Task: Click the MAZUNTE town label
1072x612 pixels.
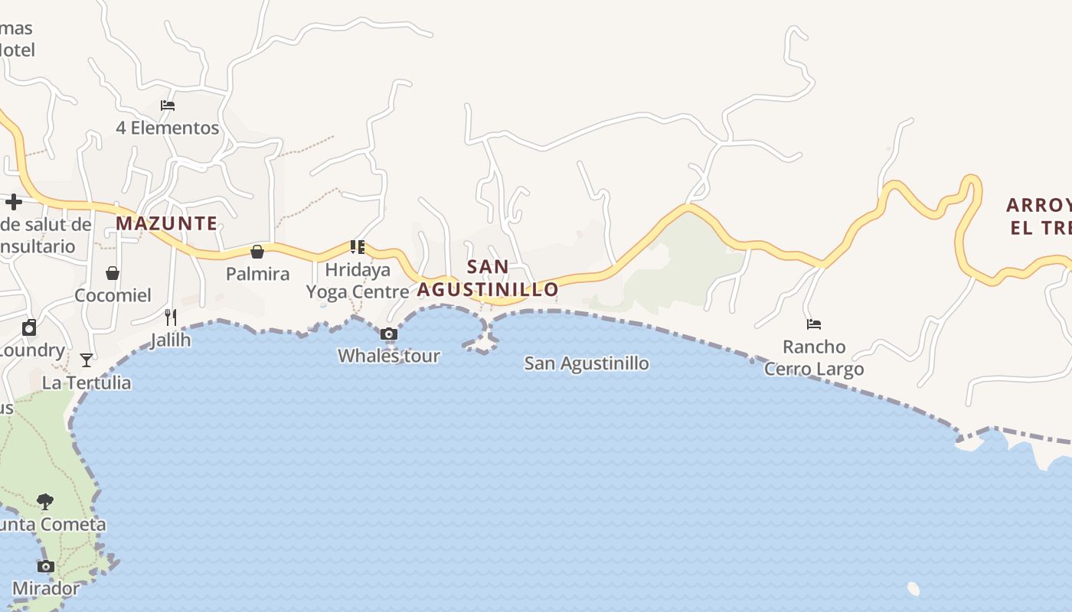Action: (166, 223)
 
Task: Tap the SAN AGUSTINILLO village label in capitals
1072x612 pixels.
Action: (488, 278)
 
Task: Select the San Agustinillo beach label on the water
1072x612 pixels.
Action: (587, 363)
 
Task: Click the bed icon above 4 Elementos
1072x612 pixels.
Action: (168, 106)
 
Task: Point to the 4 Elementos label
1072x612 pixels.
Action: (168, 128)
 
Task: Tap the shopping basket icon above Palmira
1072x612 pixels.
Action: (257, 252)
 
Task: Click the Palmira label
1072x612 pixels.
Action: (258, 274)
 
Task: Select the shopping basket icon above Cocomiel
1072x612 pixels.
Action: (113, 273)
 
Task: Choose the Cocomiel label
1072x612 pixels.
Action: (113, 295)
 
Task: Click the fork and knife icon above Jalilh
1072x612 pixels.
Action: (171, 317)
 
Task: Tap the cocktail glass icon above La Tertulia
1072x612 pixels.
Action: (87, 360)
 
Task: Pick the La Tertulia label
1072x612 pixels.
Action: (87, 382)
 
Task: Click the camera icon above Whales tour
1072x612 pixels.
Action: (389, 334)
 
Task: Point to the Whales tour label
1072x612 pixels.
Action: (389, 356)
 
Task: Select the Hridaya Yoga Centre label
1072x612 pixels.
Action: (358, 281)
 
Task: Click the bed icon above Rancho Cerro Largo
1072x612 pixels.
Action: (814, 324)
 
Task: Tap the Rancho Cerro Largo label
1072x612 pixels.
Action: (814, 358)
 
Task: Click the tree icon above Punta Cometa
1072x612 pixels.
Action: (45, 502)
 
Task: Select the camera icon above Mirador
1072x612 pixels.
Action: (46, 567)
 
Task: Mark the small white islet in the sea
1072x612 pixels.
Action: (913, 588)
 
